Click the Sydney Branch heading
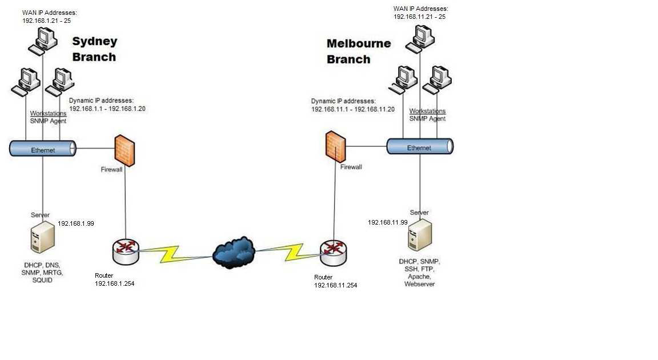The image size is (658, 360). pos(94,49)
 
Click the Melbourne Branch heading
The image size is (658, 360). pos(358,51)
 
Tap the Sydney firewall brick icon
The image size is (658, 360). pos(125,150)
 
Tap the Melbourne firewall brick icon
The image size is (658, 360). pos(335,147)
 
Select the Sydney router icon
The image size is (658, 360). pos(126,251)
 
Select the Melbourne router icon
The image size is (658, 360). pos(334,252)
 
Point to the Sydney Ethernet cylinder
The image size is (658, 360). pos(43,149)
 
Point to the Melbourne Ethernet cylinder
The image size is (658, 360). pos(420,146)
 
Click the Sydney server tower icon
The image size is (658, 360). pos(43,237)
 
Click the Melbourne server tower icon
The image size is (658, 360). pos(420,235)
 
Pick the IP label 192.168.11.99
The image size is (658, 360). pos(387,222)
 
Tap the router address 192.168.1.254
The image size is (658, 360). pos(114,283)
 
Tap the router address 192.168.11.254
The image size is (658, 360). pos(335,285)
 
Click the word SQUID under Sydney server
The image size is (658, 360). pos(42,281)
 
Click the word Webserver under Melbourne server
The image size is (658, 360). pos(420,284)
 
